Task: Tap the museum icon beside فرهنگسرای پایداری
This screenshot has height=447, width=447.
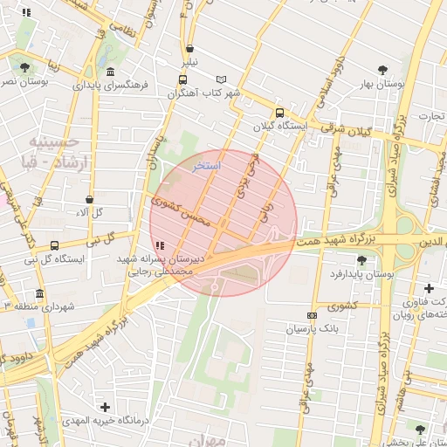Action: click(110, 72)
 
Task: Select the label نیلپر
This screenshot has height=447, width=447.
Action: click(189, 63)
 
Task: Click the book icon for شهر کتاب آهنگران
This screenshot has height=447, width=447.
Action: click(221, 79)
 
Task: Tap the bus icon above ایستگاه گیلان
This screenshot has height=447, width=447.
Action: click(279, 113)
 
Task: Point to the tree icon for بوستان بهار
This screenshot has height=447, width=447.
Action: click(382, 70)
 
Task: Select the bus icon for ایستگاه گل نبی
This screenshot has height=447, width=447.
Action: click(54, 245)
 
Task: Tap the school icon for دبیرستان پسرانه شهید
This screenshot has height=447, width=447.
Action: click(158, 246)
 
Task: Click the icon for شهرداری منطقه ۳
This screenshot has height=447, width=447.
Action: click(39, 293)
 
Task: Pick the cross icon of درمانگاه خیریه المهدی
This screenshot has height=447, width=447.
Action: click(106, 407)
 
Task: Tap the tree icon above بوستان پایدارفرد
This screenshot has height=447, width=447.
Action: click(361, 259)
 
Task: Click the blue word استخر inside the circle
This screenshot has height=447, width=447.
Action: click(208, 164)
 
